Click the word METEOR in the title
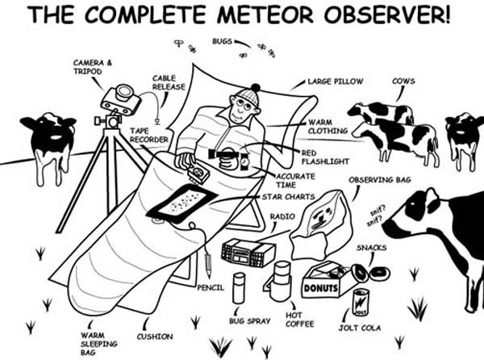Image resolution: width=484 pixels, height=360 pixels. point(249,16)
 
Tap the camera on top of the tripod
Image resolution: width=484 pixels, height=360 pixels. point(119,98)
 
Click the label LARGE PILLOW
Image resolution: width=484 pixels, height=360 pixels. point(336,82)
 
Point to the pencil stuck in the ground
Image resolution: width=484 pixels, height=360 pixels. point(208,266)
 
